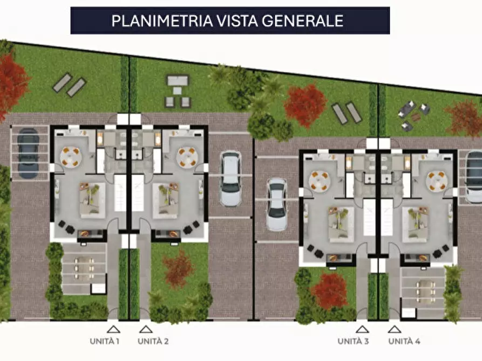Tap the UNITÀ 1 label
point(105,341)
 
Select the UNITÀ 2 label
point(153,341)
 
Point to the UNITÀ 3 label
point(354,341)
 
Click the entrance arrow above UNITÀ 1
point(113,328)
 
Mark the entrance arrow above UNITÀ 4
point(395,328)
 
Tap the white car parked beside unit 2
point(230,178)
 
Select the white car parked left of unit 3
point(276,204)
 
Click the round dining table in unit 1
point(71,157)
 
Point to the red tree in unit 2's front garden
point(178,268)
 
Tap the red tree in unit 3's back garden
point(305,104)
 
